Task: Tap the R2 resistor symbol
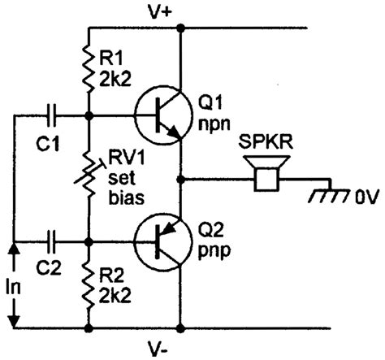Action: click(89, 284)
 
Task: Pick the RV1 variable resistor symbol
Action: click(89, 178)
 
